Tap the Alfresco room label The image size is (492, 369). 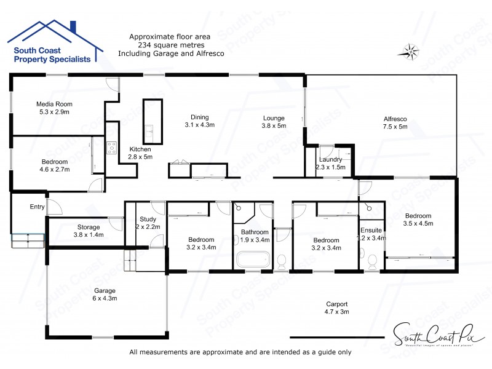[x=395, y=119]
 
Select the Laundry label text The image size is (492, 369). [x=330, y=159]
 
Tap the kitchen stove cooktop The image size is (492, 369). [x=112, y=147]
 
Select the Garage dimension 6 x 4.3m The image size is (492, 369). [x=105, y=298]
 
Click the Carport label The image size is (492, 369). [x=336, y=304]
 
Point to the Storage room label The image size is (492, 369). [x=89, y=227]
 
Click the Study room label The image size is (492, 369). [x=147, y=218]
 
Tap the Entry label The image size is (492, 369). [x=37, y=207]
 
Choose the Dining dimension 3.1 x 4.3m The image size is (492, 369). [x=199, y=125]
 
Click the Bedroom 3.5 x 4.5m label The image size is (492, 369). [x=418, y=215]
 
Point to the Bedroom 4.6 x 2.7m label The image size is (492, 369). [x=54, y=161]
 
